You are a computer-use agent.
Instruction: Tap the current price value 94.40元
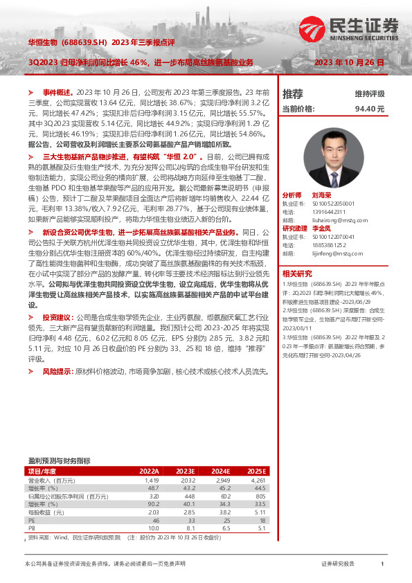[x=370, y=109]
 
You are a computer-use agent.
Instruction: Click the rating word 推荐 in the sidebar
[x=293, y=93]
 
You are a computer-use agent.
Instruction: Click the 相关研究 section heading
[x=296, y=273]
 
